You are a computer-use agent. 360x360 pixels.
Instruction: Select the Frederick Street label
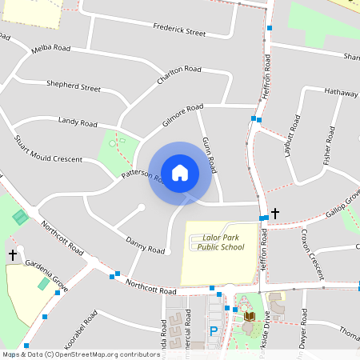coord(179,30)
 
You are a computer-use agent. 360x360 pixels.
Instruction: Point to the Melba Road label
coord(51,49)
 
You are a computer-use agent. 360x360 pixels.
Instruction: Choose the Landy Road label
coord(78,122)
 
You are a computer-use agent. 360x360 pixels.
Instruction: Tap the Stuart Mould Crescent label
coord(48,148)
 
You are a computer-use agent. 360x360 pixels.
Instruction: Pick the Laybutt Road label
coord(293,135)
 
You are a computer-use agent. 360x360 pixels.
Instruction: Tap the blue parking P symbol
coord(214,330)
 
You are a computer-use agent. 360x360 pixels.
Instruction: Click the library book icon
coord(249,318)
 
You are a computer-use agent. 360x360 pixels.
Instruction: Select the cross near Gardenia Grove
coord(13,254)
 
